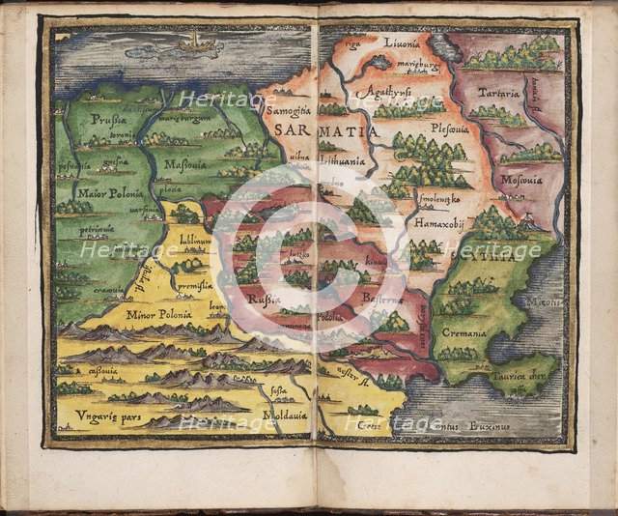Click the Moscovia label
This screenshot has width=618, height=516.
click(x=522, y=180)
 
